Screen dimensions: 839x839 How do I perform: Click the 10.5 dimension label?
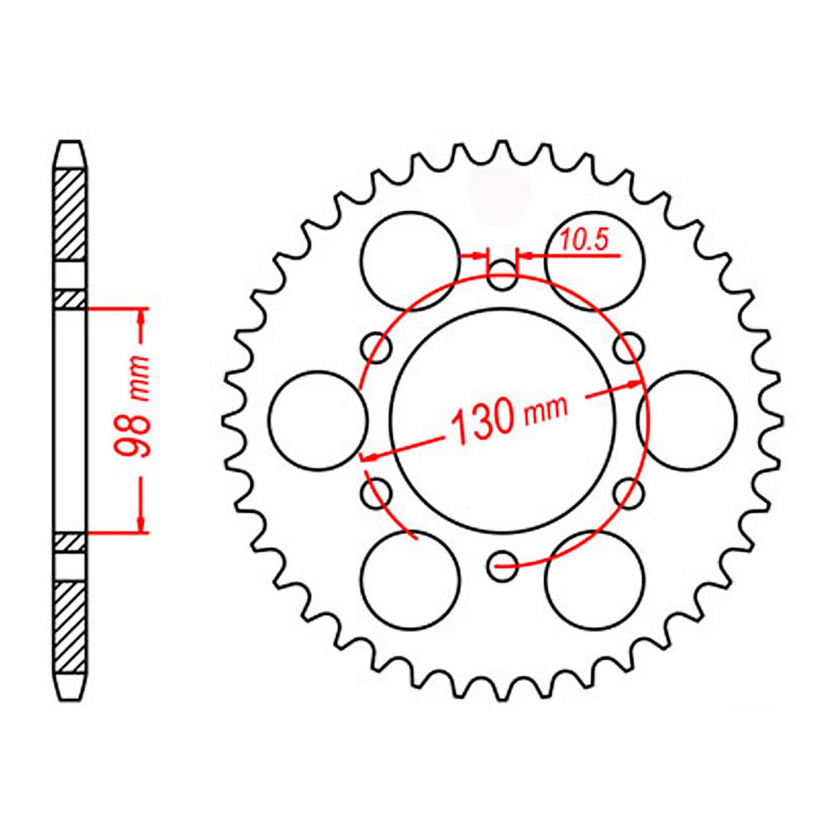[x=585, y=240]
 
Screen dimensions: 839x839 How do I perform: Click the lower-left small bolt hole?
[x=376, y=493]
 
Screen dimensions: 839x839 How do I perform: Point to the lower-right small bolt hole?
[x=629, y=493]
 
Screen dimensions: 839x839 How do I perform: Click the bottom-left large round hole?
[x=410, y=579]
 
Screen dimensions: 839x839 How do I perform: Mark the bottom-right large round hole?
[x=595, y=579]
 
